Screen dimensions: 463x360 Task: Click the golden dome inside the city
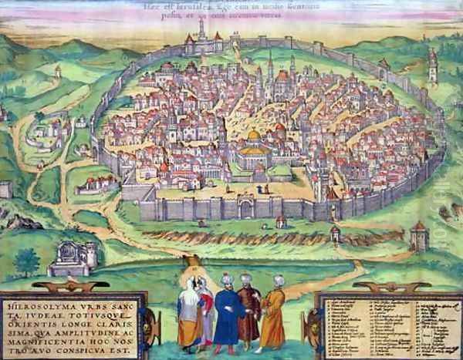click(x=253, y=136)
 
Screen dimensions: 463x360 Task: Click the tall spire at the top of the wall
click(x=201, y=29)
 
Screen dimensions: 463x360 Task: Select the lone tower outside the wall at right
click(x=433, y=65)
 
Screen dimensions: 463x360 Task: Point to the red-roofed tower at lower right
click(x=420, y=234)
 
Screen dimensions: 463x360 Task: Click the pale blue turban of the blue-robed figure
click(x=227, y=279)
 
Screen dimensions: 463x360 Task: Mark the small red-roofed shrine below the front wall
click(x=281, y=222)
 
